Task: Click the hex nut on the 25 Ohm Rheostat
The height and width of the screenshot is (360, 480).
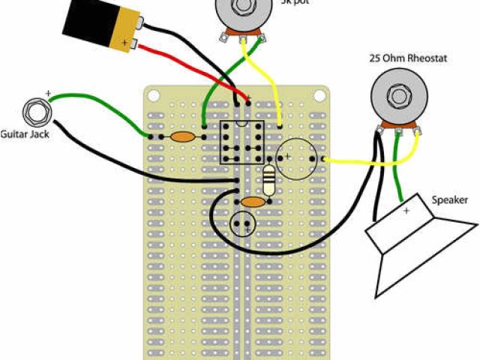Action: [x=397, y=96]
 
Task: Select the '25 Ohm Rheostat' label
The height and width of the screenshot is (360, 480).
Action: [x=408, y=58]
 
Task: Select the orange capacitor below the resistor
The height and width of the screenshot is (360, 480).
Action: [x=253, y=202]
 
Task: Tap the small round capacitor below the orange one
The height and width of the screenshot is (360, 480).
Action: [x=243, y=223]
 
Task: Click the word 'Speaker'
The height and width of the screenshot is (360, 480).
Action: [x=450, y=200]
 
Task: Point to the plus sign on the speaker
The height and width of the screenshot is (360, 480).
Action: [x=406, y=212]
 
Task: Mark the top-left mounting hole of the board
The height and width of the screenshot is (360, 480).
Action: [x=154, y=95]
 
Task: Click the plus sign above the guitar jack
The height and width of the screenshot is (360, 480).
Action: [x=49, y=94]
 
